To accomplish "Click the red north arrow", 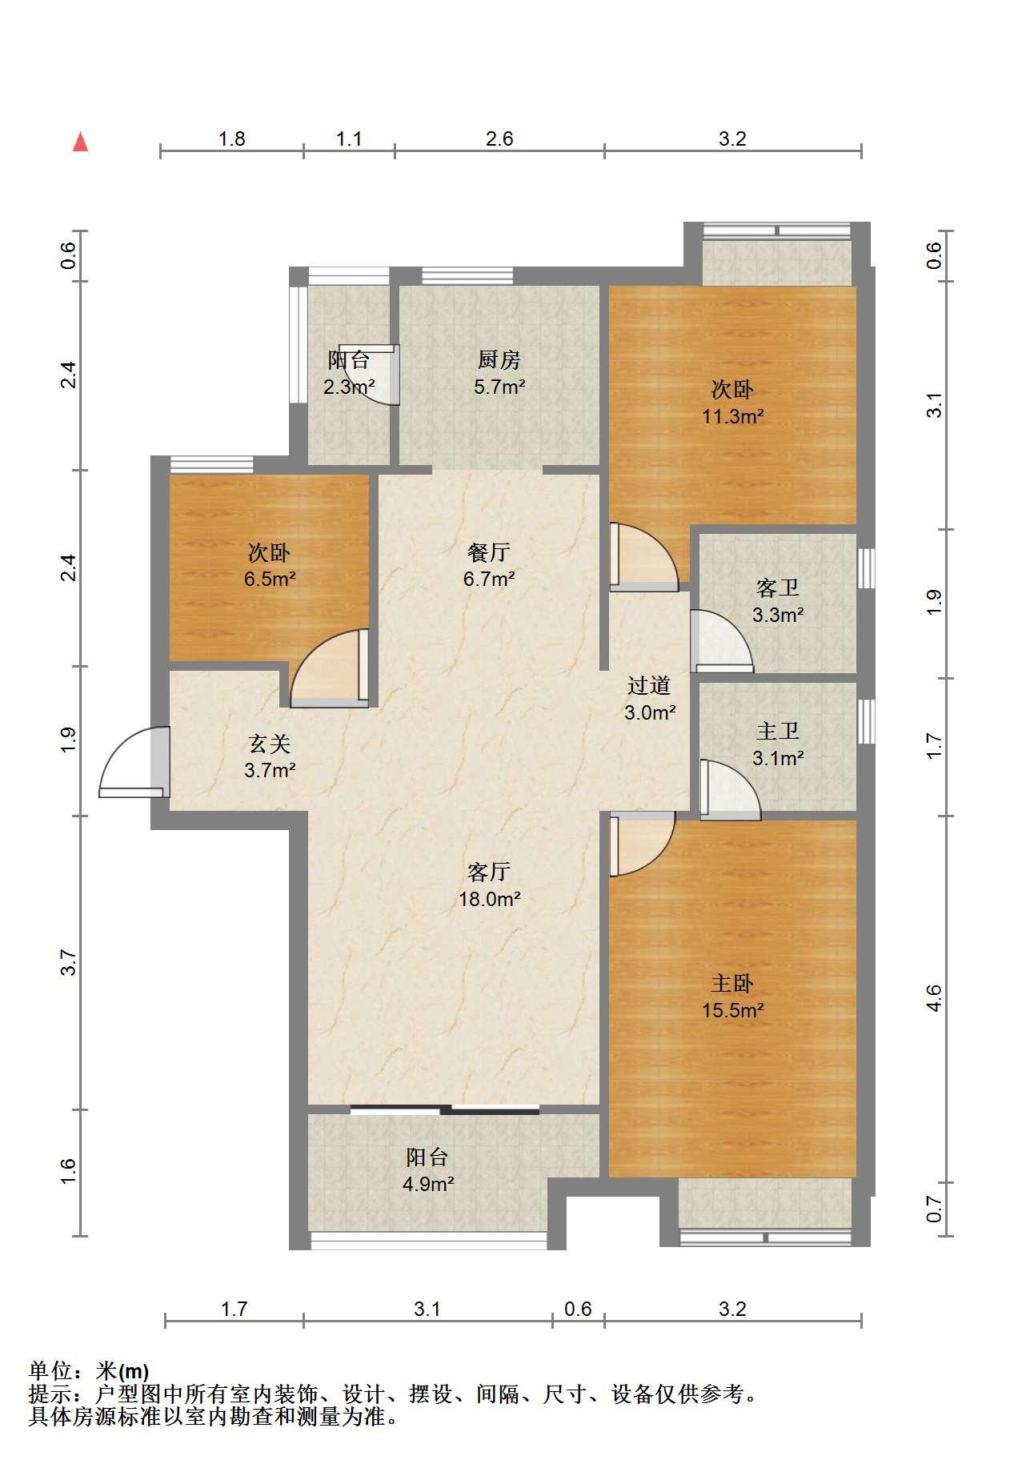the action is [x=80, y=142].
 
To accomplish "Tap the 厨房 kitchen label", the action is [x=499, y=359].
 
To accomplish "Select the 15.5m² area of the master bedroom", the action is [x=733, y=1010].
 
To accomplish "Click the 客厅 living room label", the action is [x=489, y=872].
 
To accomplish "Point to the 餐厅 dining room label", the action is [x=489, y=552].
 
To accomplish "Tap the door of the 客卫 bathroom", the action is [x=721, y=641].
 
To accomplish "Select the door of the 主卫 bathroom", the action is [x=730, y=789].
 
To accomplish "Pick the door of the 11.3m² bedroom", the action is [x=643, y=557].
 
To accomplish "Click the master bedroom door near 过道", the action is [x=642, y=844].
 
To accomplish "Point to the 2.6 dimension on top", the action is [x=499, y=139].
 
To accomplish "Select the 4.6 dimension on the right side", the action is [x=933, y=998].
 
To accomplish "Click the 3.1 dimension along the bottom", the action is [x=427, y=1310].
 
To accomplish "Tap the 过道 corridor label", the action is [x=649, y=685].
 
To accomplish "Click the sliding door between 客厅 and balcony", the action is [x=445, y=1109].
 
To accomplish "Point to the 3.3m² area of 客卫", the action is [x=778, y=616].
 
